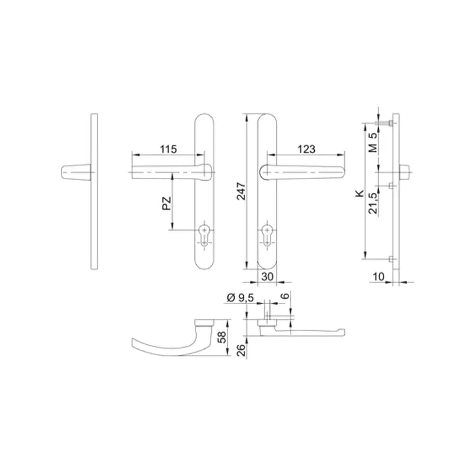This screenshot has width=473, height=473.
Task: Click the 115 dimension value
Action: (168, 149)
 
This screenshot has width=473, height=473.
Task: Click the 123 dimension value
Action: (306, 149)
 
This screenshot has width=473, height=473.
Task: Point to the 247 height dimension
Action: (241, 191)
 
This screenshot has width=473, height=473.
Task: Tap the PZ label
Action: (166, 203)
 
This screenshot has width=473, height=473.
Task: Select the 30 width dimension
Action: (267, 277)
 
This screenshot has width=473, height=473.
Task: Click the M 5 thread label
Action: (373, 142)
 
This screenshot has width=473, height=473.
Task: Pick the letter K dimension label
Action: (360, 193)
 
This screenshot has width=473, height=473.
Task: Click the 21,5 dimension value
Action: (373, 203)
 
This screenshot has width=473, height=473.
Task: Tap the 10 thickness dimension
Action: (378, 277)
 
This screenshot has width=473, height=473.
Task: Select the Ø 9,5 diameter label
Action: (240, 298)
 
